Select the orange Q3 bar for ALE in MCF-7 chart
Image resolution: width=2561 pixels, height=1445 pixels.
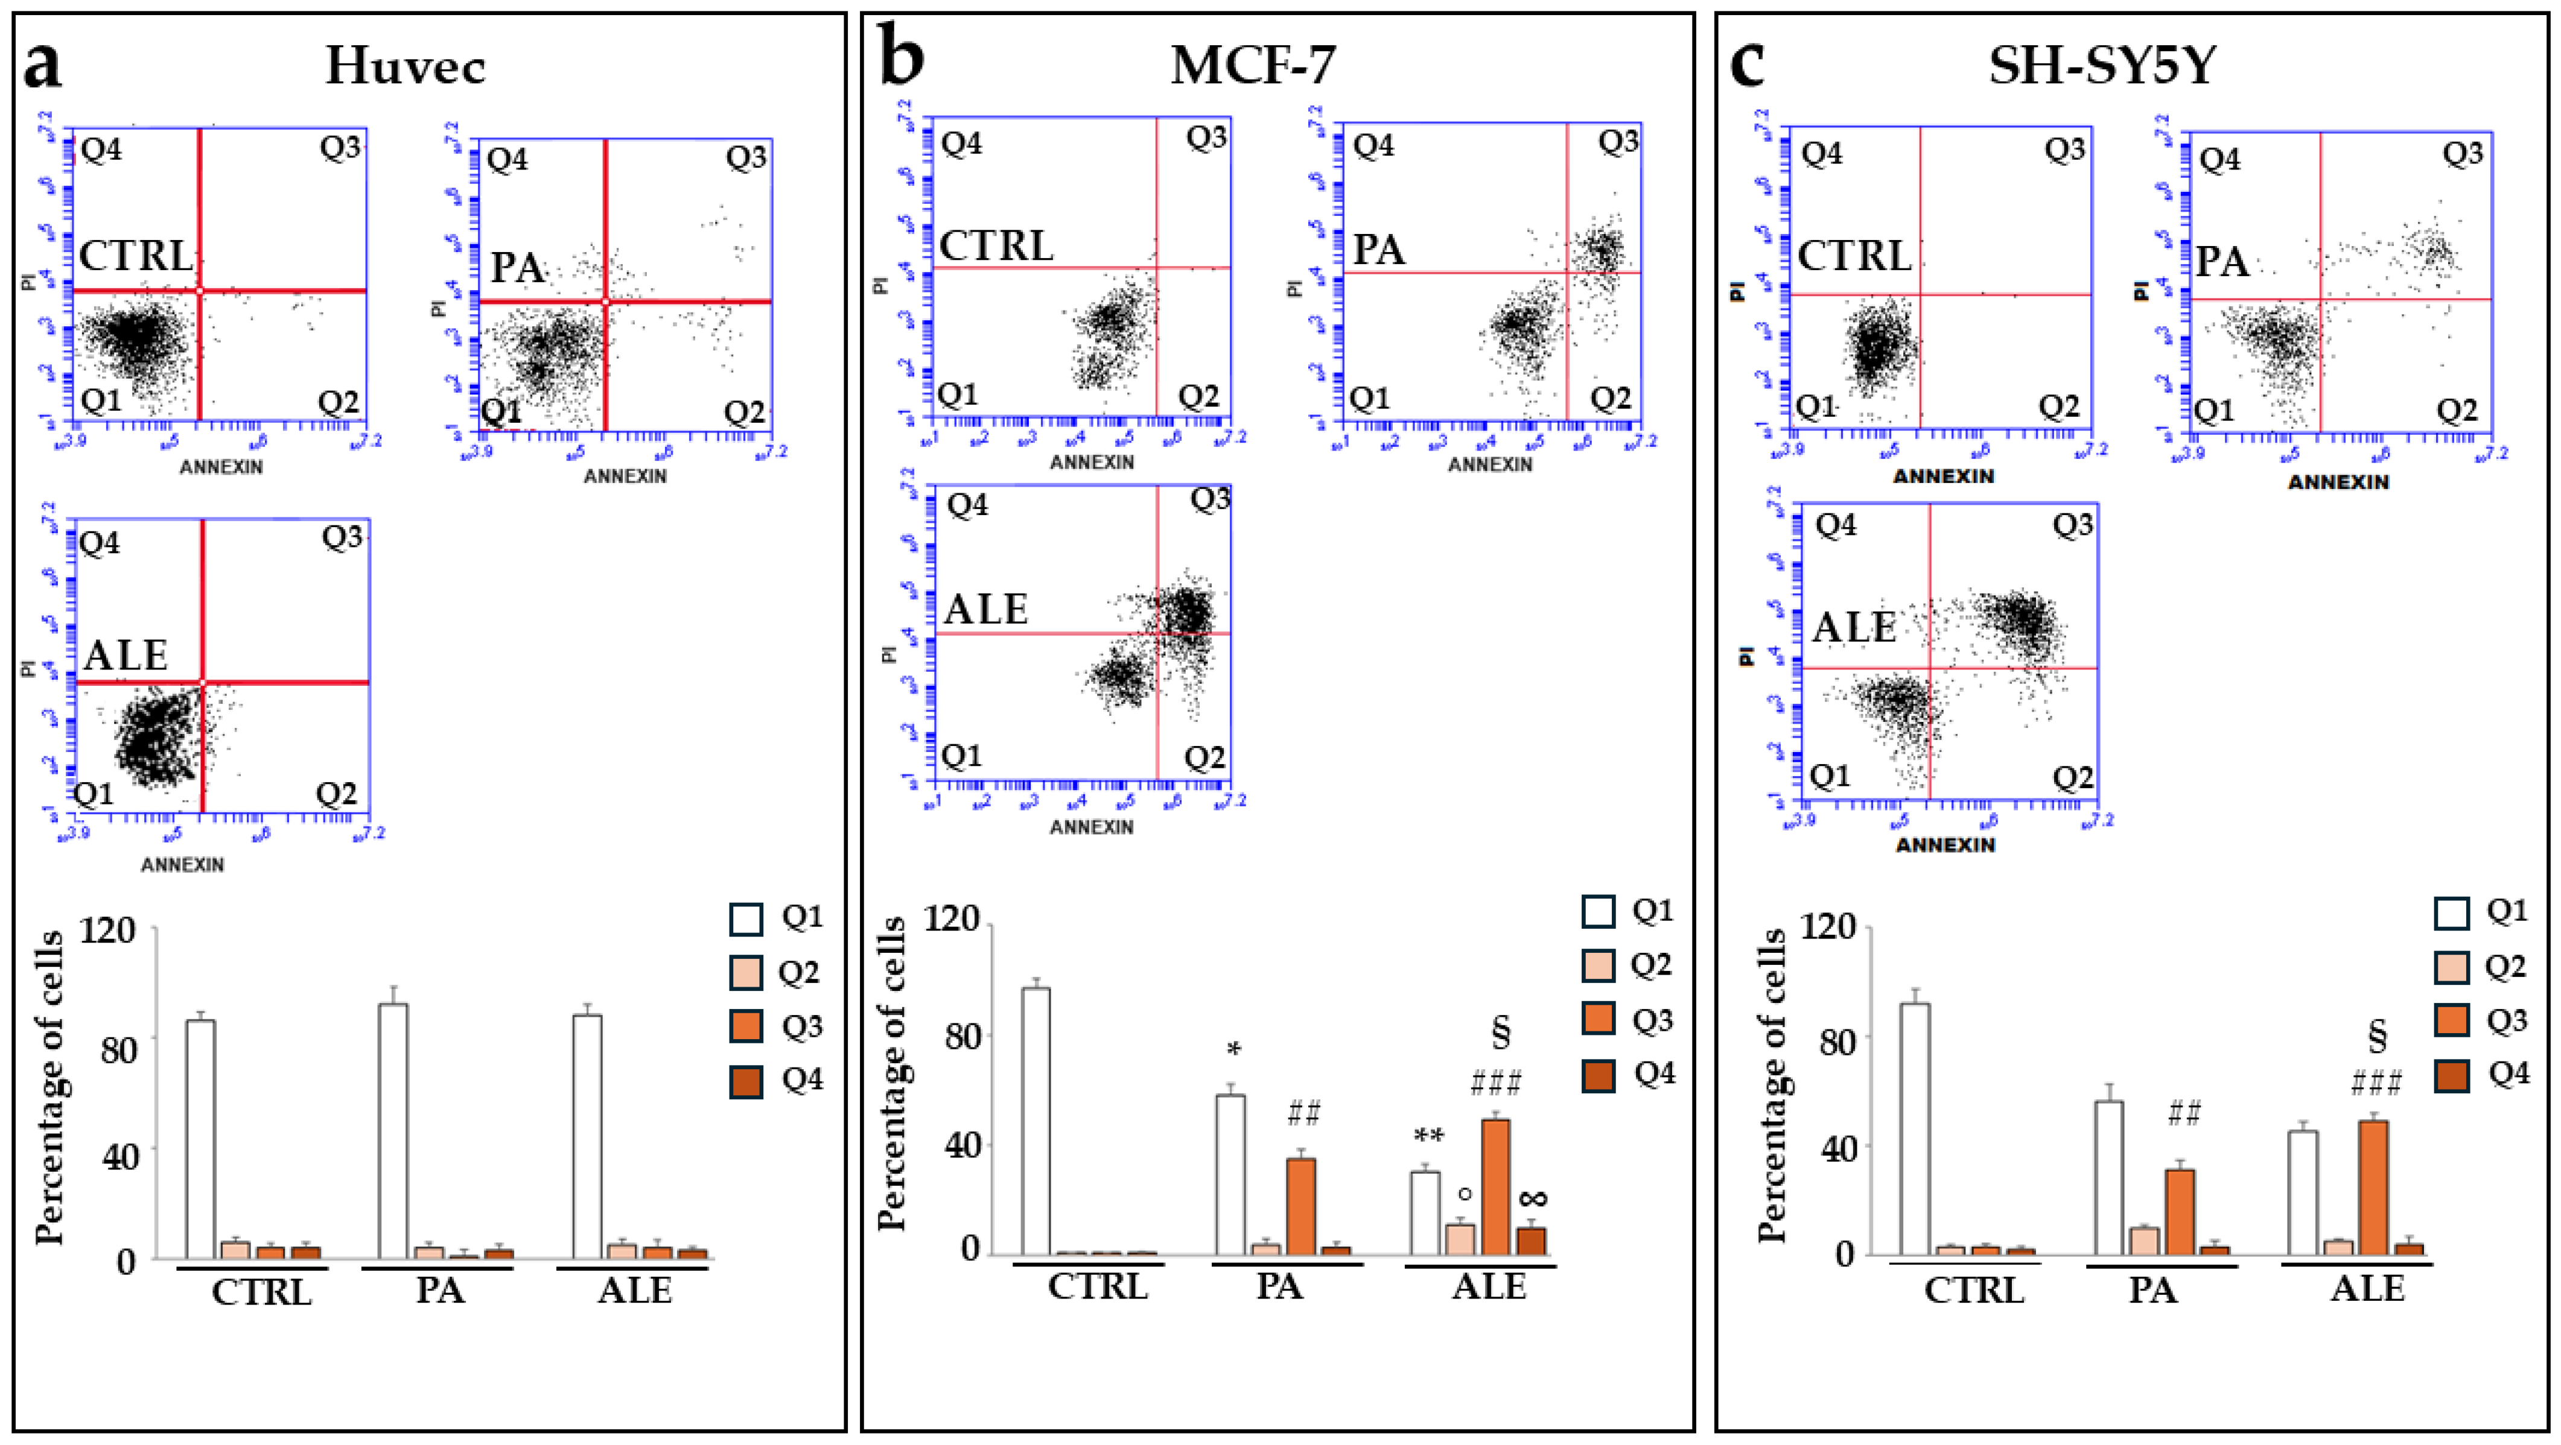point(1495,1187)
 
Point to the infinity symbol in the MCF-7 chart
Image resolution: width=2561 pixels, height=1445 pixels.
point(1533,1198)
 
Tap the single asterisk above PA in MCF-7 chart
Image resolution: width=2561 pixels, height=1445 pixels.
point(1235,1051)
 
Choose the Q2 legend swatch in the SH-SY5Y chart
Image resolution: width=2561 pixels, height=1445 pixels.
point(2452,967)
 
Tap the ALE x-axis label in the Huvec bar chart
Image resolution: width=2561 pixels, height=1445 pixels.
point(634,1291)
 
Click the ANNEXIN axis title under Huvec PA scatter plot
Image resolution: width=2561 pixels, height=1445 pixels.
point(625,476)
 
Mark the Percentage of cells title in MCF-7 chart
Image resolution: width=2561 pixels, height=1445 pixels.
point(892,1073)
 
